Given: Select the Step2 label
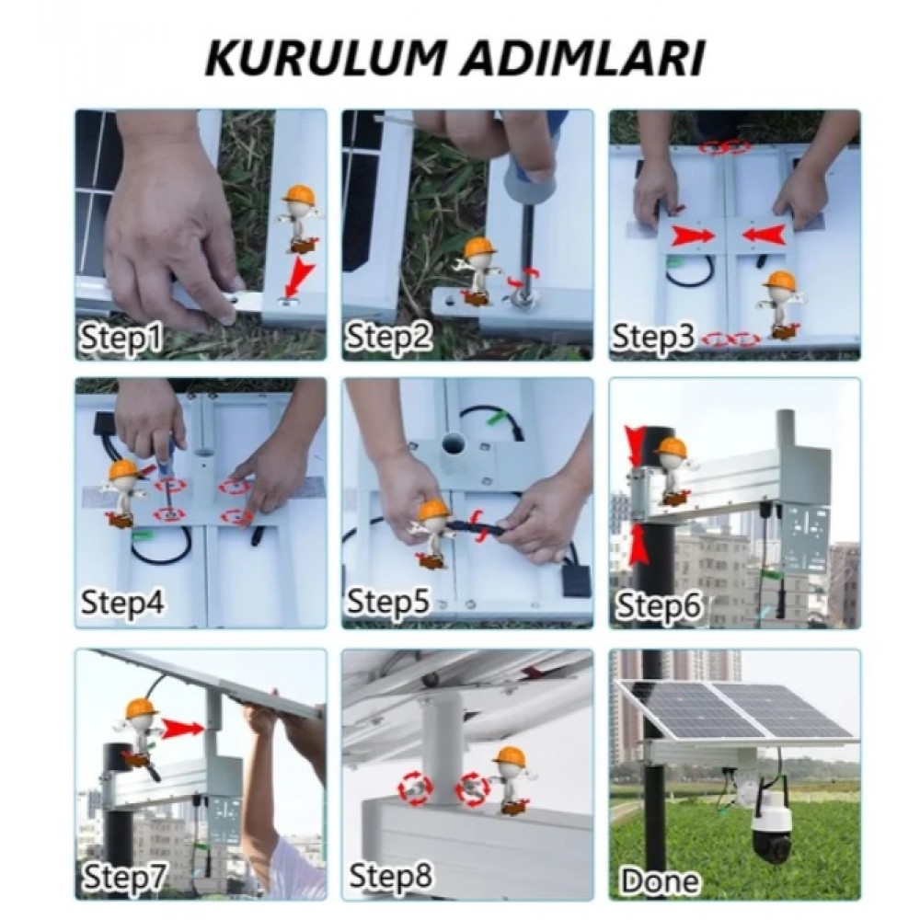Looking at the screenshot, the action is tap(389, 338).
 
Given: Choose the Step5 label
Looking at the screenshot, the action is tap(389, 602).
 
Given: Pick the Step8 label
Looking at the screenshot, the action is tap(391, 875).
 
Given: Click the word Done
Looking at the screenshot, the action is tap(661, 880).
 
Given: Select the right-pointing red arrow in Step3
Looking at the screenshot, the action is tap(695, 236).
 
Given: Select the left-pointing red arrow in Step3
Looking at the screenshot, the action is tap(764, 236).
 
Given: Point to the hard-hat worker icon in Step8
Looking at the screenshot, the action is tap(510, 780).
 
